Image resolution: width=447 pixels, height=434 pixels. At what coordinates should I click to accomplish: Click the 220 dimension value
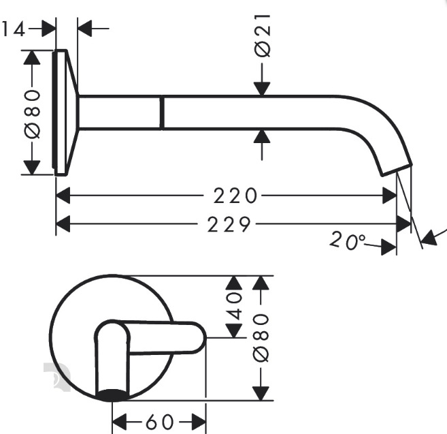(235, 196)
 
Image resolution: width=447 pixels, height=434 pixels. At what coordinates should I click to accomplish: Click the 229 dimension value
(229, 224)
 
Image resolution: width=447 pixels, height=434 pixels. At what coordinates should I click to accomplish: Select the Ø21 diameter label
(262, 35)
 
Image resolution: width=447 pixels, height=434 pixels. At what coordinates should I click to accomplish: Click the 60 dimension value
(159, 422)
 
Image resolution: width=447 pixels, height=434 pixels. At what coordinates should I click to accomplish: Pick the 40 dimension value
(234, 305)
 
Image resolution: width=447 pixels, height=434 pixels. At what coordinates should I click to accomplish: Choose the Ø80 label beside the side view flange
(32, 114)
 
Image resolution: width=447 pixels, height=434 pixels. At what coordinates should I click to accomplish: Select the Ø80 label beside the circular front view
(261, 338)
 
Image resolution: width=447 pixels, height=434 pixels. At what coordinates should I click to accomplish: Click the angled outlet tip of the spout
(397, 170)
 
